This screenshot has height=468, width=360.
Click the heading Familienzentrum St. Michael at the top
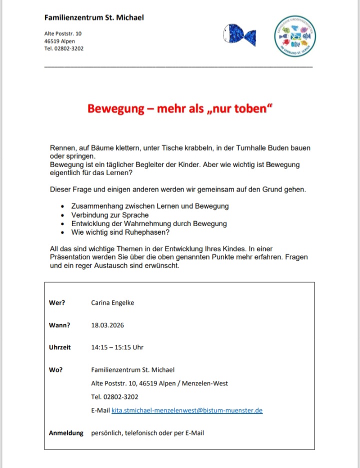(94, 18)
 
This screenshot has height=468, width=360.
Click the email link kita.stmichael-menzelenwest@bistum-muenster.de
(187, 410)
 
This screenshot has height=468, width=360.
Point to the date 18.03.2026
(107, 325)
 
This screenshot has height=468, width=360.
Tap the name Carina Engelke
(112, 302)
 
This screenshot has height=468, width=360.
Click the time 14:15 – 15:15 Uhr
(117, 347)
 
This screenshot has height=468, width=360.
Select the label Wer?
(57, 302)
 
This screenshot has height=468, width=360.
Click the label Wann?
(59, 325)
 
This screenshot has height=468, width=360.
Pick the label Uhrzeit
(60, 347)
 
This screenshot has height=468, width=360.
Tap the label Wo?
(55, 370)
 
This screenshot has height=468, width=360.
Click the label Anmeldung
(66, 432)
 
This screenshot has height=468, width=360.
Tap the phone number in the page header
(64, 49)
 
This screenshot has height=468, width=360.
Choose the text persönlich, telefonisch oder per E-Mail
(147, 432)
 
